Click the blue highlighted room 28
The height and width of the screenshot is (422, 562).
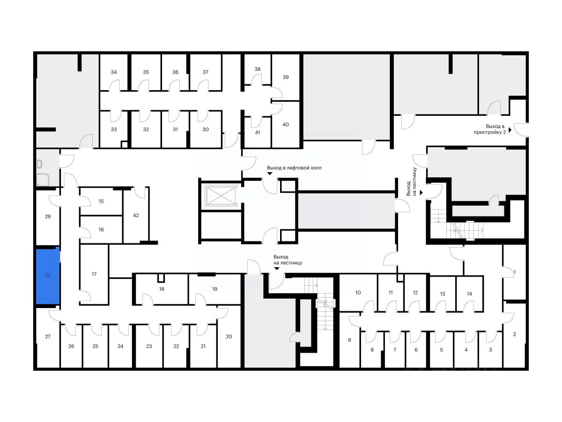[48, 277]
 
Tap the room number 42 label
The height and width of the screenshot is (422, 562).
[136, 216]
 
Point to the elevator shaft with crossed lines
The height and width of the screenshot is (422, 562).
[220, 196]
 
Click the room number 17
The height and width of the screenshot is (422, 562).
[94, 274]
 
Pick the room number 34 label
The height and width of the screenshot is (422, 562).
[114, 72]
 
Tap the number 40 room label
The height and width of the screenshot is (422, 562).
[286, 124]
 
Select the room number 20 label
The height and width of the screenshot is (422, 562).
[229, 336]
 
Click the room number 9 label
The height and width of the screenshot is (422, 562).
[349, 339]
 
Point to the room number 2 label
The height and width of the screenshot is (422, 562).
[515, 334]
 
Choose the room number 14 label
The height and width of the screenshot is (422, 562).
[469, 294]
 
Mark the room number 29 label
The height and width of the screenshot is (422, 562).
[47, 217]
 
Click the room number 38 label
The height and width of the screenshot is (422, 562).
[257, 69]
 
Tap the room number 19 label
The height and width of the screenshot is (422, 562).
[214, 289]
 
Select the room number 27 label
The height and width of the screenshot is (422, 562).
[47, 337]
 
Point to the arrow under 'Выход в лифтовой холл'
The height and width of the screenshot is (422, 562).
[270, 173]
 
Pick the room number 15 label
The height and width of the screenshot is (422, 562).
[101, 201]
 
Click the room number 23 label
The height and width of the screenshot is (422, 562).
[149, 347]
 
